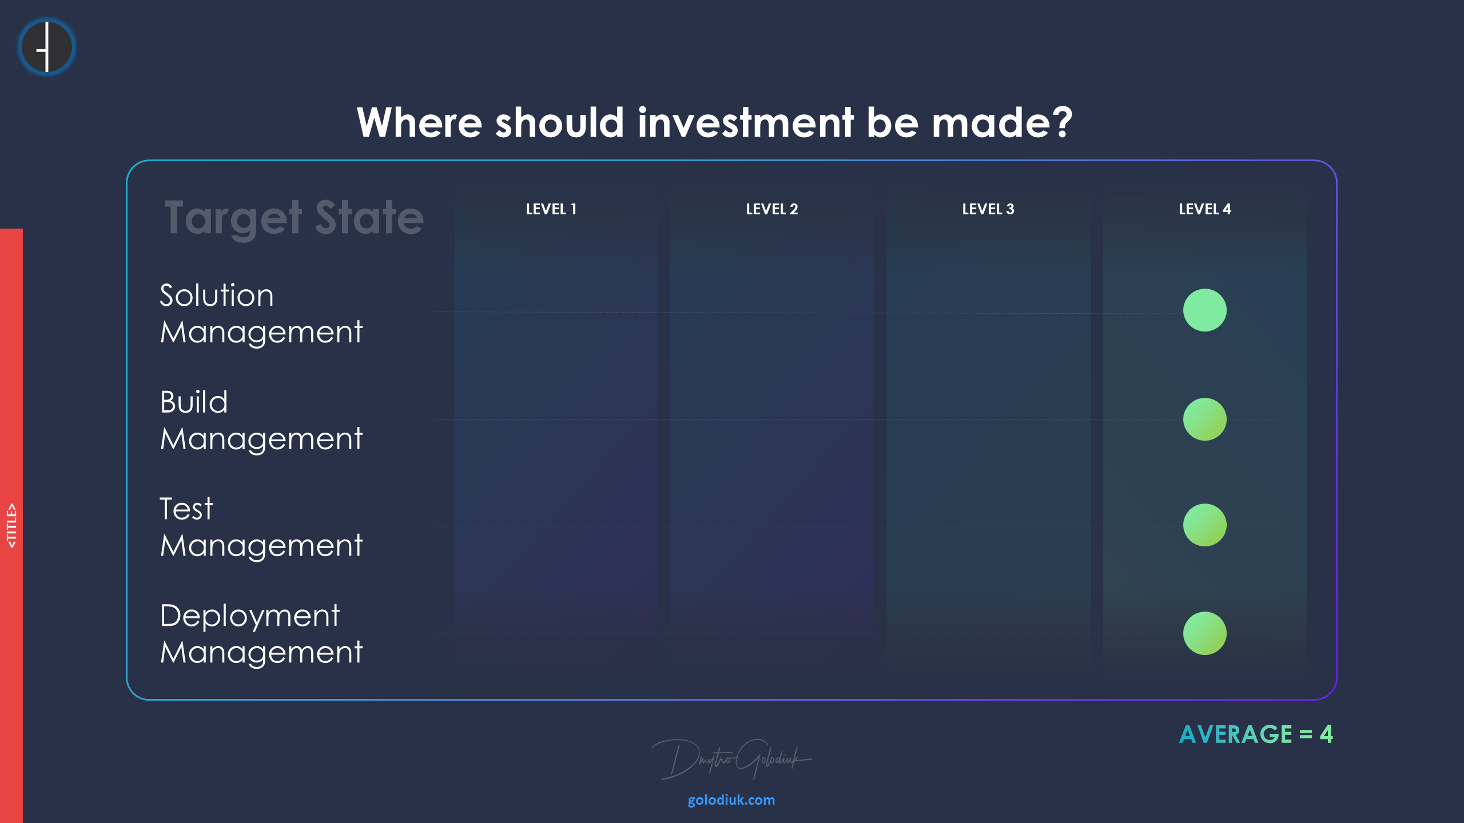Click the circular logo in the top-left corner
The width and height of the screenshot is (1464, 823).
click(47, 47)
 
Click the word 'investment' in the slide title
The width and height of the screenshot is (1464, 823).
click(746, 122)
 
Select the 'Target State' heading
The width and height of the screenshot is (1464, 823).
click(294, 218)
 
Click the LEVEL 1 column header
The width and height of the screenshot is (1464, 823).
click(551, 209)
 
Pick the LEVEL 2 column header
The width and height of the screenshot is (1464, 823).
click(772, 209)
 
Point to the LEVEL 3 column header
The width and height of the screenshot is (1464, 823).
click(988, 209)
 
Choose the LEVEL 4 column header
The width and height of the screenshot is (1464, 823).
click(1205, 209)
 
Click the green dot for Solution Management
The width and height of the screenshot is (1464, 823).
click(1205, 310)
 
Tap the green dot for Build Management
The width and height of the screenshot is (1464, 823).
click(1205, 419)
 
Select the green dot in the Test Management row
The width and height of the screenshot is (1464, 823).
click(1205, 525)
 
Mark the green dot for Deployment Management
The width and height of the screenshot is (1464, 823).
click(1205, 633)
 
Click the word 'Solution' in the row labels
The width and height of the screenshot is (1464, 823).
click(217, 295)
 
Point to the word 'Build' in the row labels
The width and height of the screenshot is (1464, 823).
click(194, 402)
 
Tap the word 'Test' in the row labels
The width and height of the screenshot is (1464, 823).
click(186, 509)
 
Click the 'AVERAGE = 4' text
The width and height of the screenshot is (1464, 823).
click(1256, 734)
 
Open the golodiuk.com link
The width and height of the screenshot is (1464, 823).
click(731, 800)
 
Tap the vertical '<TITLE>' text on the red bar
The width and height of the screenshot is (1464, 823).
click(11, 526)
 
